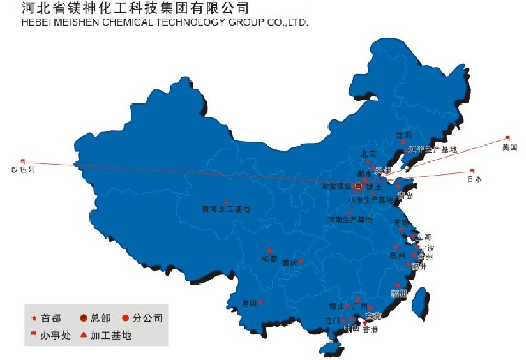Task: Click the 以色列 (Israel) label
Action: tap(23, 170)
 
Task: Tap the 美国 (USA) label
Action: tap(509, 147)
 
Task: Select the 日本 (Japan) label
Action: tap(474, 179)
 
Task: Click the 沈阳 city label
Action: tap(403, 135)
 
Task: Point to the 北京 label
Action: tap(368, 154)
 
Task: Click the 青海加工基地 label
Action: tap(226, 209)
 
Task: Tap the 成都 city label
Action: tap(269, 259)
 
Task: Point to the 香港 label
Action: tap(370, 330)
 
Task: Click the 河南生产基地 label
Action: tap(349, 220)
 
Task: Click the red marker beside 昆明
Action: tap(260, 302)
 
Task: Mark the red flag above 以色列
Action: tap(23, 161)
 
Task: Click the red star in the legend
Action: tap(34, 318)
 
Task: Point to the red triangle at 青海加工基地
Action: tap(226, 201)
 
